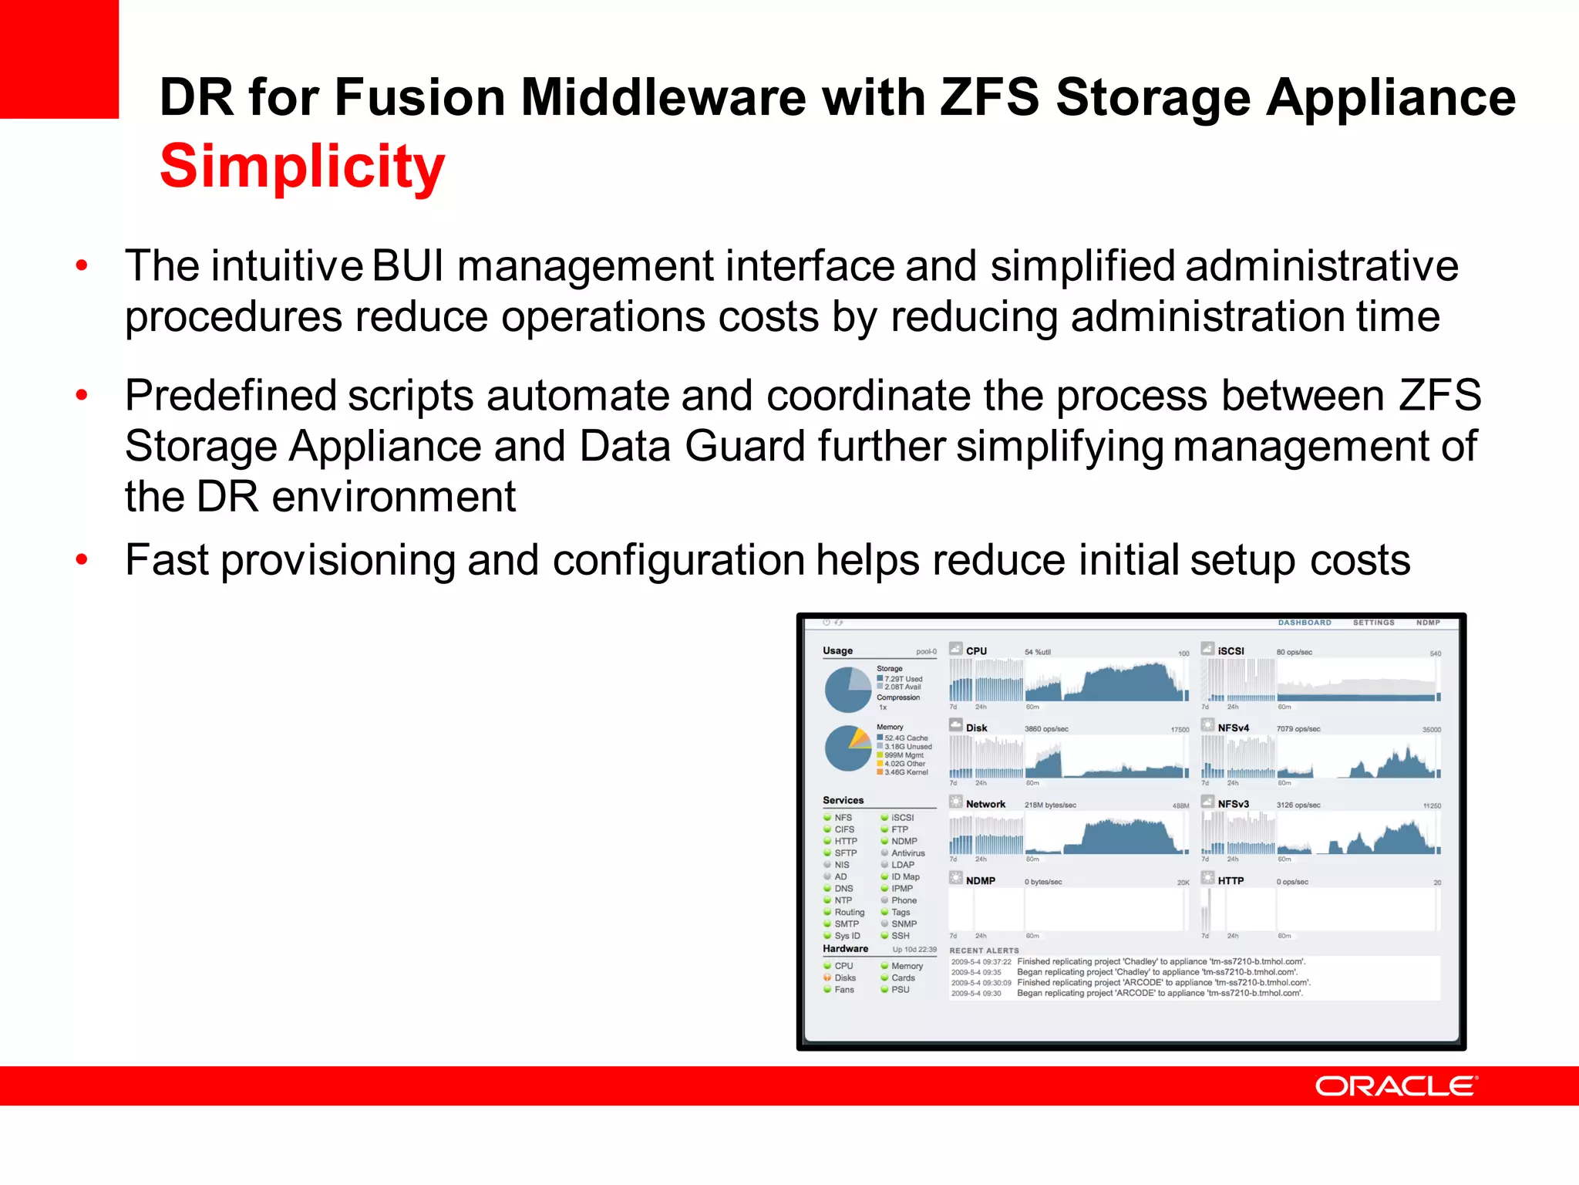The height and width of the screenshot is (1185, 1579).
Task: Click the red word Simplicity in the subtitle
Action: click(302, 166)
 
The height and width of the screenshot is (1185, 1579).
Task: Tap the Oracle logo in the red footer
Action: click(1396, 1086)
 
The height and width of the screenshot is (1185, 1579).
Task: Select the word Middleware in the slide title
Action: click(663, 98)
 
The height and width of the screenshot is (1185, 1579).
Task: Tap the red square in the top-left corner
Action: click(59, 59)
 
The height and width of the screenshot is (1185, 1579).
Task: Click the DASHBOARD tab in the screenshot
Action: click(1305, 623)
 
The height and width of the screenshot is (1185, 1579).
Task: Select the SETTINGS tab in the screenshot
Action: click(1373, 623)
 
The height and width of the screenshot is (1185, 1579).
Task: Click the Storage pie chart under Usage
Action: click(848, 690)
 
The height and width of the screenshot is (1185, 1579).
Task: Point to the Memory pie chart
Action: click(848, 748)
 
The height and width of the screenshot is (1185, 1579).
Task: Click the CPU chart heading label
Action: click(976, 651)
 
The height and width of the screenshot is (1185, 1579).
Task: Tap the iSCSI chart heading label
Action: click(1231, 651)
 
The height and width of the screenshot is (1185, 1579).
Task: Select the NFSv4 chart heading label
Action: click(1233, 728)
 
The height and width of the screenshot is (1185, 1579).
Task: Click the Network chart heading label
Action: click(985, 804)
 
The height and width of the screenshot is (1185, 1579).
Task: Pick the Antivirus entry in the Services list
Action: click(907, 853)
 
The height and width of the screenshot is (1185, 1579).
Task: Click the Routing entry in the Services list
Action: click(849, 912)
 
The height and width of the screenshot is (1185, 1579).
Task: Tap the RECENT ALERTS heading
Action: click(984, 950)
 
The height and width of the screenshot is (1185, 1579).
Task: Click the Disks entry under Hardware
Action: click(844, 977)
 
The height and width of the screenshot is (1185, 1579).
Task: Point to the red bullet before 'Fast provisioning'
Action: click(82, 560)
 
